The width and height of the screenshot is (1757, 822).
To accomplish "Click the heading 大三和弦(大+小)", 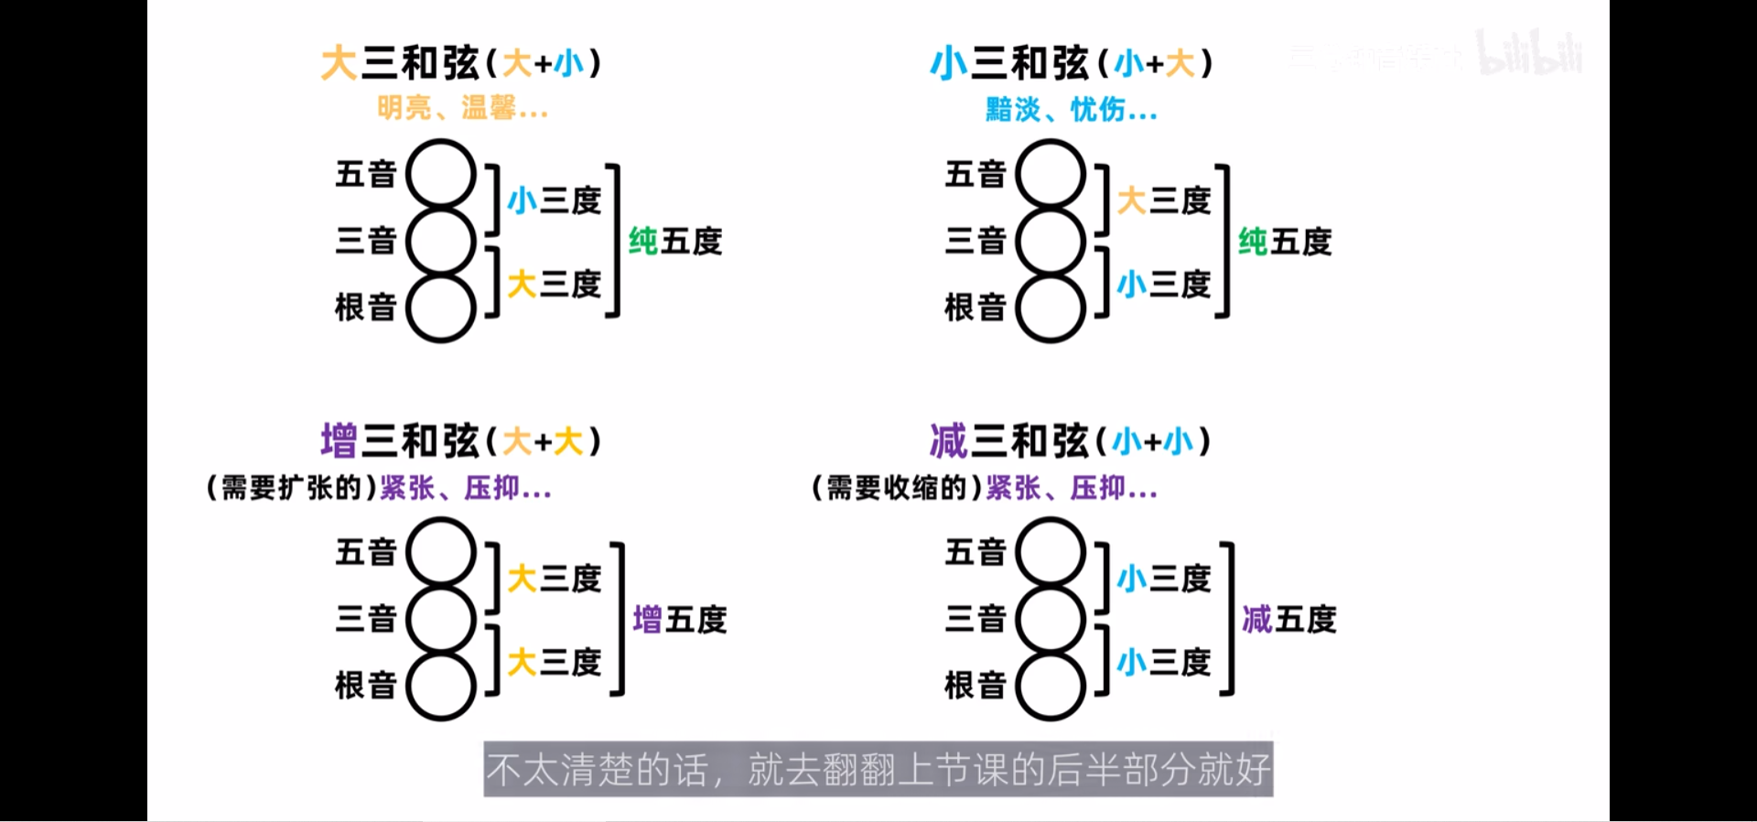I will click(x=460, y=63).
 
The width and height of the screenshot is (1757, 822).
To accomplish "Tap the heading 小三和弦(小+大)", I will click(x=1071, y=63).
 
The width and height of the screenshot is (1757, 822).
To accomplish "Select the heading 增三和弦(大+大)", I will click(x=460, y=441).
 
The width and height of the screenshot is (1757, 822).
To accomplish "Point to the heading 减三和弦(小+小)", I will click(x=1070, y=441).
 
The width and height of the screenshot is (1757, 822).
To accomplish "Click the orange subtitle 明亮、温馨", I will click(x=462, y=109).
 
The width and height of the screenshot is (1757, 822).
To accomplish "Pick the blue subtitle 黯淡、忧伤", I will click(x=1071, y=110).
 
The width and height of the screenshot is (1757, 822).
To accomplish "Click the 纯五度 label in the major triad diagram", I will click(x=675, y=242).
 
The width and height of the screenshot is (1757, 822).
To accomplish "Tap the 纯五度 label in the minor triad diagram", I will click(x=1285, y=242).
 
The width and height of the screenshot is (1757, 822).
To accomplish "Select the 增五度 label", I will click(x=679, y=620).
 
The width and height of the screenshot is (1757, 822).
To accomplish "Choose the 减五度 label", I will click(x=1288, y=620).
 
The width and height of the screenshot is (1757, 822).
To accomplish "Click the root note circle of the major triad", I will click(x=441, y=308).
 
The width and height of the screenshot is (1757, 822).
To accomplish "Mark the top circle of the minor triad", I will click(x=1051, y=174).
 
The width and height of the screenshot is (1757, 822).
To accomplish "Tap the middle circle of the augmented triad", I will click(x=441, y=620).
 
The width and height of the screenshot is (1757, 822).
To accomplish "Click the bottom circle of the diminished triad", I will click(x=1051, y=687).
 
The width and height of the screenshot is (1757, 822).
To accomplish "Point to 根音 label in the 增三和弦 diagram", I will click(x=365, y=686).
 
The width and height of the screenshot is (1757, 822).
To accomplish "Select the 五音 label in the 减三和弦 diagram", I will click(x=975, y=552).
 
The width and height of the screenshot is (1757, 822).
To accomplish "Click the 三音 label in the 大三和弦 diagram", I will click(x=365, y=241).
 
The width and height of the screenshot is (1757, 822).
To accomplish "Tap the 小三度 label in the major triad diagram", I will click(x=554, y=200).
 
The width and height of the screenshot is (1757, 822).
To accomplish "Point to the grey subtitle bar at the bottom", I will click(x=878, y=769).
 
